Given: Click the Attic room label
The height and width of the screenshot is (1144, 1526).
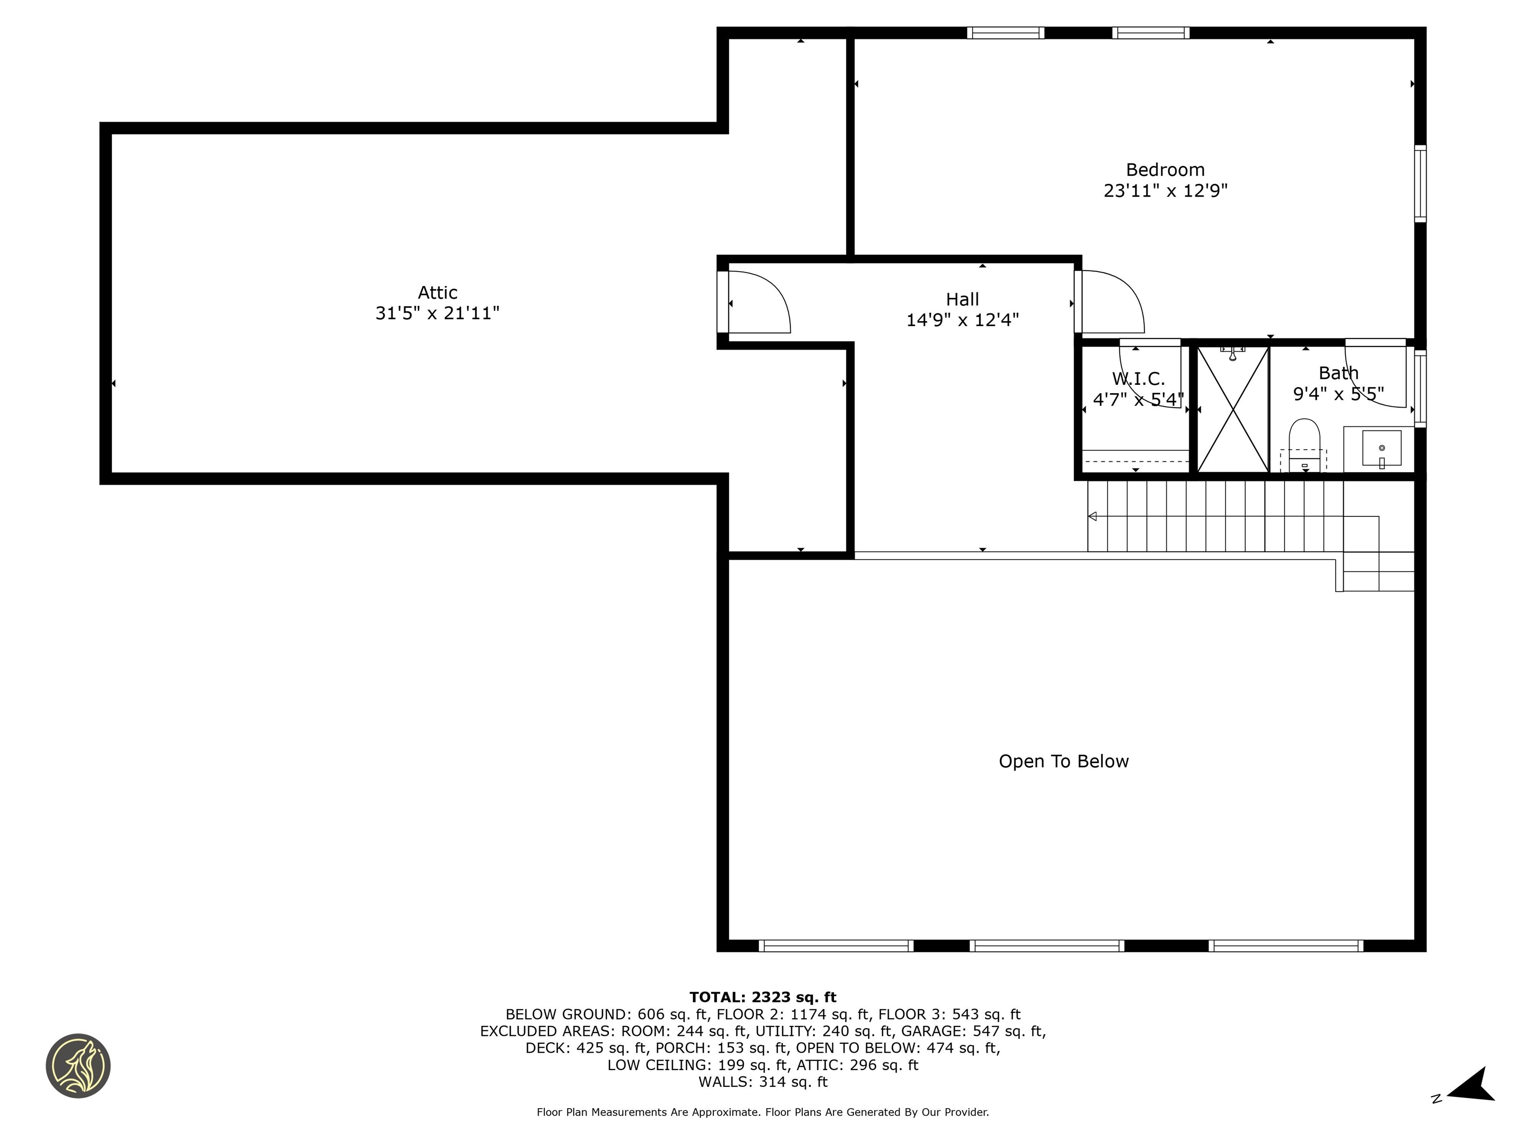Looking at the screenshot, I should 437,292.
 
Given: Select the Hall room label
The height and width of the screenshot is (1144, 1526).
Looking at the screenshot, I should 962,299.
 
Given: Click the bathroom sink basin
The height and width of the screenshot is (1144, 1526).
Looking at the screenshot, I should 1381,448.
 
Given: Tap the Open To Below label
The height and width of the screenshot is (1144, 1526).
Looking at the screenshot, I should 1063,761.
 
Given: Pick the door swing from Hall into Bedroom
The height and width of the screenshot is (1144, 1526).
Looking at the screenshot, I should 1111,301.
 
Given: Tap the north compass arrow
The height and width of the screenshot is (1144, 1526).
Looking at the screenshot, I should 1473,1087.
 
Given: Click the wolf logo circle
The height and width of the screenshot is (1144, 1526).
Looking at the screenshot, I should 78,1066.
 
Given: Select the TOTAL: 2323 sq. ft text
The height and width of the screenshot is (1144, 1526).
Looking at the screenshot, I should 763,997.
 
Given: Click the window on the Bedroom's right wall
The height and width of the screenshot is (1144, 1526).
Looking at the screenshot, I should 1420,183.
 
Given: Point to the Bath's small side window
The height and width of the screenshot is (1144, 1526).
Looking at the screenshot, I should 1420,389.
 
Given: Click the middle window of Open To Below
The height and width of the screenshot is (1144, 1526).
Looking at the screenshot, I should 1047,946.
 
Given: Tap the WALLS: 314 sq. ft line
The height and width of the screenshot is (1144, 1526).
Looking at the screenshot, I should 763,1082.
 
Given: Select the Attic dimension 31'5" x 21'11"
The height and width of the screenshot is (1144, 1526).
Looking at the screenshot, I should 437,314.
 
